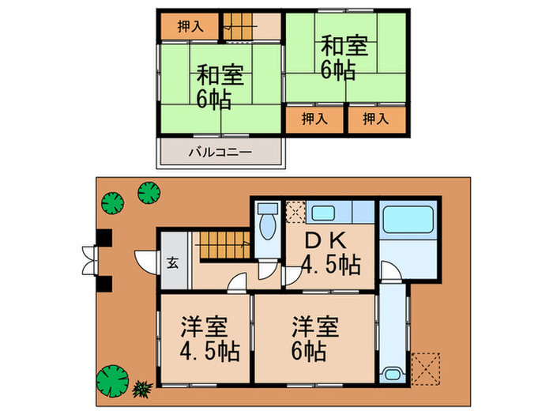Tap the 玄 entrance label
click(x=172, y=262)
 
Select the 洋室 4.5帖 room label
click(x=205, y=337)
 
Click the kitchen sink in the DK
click(x=323, y=212)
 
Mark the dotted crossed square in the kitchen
click(x=294, y=213)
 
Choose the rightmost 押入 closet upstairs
click(x=377, y=119)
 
